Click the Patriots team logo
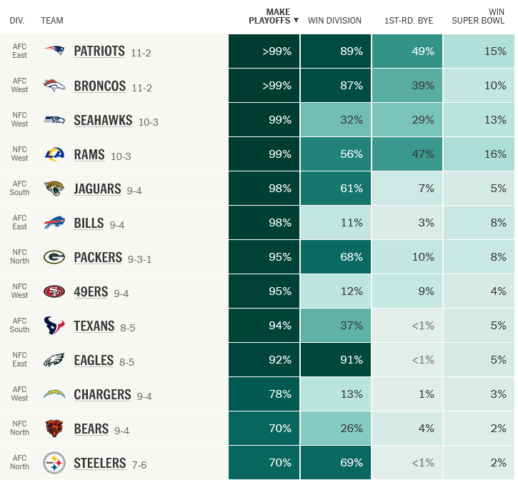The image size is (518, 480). tap(54, 51)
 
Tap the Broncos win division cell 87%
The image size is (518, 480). tap(336, 86)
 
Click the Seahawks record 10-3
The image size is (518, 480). tap(149, 121)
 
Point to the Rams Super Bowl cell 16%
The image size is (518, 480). tap(479, 154)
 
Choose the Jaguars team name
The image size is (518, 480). tap(97, 189)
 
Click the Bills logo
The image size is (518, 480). tap(54, 223)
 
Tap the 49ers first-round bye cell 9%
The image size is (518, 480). tap(407, 291)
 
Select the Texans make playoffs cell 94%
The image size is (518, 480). tap(264, 326)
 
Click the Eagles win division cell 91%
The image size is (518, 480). tap(336, 360)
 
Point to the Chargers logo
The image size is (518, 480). tap(54, 394)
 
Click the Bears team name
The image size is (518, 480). tap(91, 429)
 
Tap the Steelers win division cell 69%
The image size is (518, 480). tap(336, 463)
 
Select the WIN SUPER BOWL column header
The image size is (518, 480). tap(479, 16)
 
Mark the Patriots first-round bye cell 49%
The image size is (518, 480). tap(407, 51)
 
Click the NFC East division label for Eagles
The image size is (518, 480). tap(19, 360)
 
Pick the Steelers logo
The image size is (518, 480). tap(54, 463)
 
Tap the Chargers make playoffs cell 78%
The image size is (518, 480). tap(264, 394)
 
